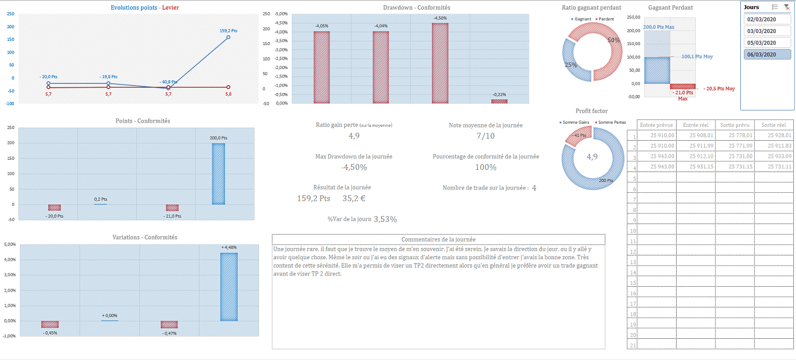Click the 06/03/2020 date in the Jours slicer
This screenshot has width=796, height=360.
(761, 54)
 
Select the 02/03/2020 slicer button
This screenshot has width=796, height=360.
(761, 20)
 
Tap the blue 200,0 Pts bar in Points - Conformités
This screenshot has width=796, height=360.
(218, 174)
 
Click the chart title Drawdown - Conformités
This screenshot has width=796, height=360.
(417, 7)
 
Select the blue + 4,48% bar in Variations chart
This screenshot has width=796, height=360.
(229, 287)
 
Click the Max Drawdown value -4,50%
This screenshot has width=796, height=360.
(353, 167)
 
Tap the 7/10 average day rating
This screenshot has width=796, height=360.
(485, 136)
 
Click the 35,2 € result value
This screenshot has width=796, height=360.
(353, 199)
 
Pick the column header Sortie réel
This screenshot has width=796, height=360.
(773, 125)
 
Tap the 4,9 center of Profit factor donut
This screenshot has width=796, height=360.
(592, 157)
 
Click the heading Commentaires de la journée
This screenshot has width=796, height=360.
(438, 239)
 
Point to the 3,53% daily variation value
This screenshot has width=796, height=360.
(385, 219)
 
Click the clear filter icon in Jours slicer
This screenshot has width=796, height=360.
(786, 7)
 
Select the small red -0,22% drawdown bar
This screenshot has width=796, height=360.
(499, 101)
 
